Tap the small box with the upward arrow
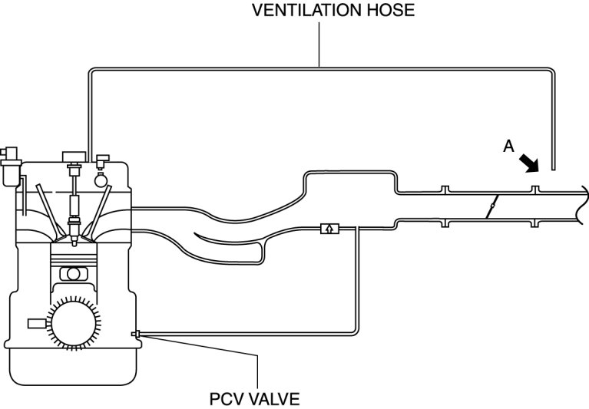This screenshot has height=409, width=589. [328, 228]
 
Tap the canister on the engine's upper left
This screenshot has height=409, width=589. [11, 167]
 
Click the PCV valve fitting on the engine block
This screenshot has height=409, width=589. [135, 333]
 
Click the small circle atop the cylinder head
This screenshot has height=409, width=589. [101, 182]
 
